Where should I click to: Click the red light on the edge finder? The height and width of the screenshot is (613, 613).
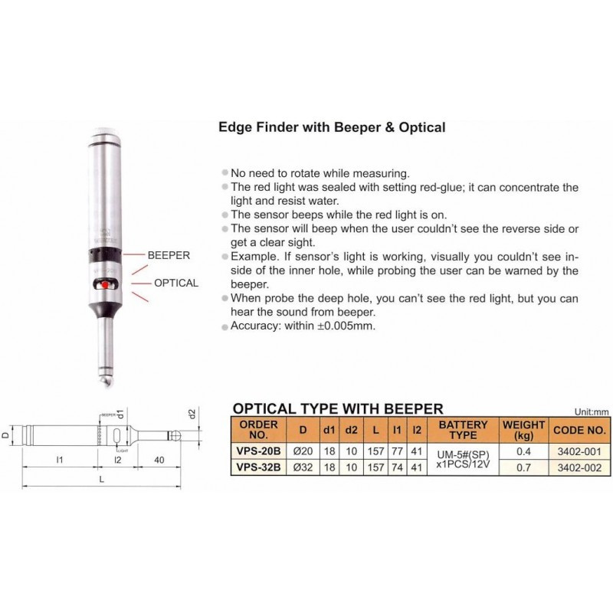point(105,285)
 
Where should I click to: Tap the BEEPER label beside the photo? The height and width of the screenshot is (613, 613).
point(169,255)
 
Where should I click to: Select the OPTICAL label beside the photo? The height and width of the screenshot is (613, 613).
point(176,283)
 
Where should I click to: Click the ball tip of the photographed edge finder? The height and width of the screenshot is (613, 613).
point(104,380)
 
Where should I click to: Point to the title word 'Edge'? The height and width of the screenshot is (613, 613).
point(235,127)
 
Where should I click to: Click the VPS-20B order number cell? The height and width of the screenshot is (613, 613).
point(258,451)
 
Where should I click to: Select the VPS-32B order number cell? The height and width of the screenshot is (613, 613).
point(258,467)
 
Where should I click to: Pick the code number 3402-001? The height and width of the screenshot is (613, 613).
point(579,451)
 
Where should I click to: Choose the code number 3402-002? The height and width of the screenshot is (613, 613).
point(579,467)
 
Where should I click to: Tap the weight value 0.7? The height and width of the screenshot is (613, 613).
point(523,467)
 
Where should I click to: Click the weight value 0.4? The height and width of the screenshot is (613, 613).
point(523,451)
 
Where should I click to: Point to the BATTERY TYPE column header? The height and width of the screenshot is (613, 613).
point(463,430)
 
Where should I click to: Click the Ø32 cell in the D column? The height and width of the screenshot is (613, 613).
point(303,467)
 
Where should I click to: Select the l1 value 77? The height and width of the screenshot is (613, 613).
point(397,451)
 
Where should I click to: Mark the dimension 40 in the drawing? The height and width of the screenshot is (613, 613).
point(159,460)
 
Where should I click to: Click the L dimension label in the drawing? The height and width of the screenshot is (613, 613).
point(102,479)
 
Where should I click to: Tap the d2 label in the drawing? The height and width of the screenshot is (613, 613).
point(192,414)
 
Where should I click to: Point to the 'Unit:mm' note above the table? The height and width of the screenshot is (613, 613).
point(592,411)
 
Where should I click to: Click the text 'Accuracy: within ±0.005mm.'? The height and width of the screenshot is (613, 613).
point(303,326)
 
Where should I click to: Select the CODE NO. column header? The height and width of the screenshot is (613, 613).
point(579,431)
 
